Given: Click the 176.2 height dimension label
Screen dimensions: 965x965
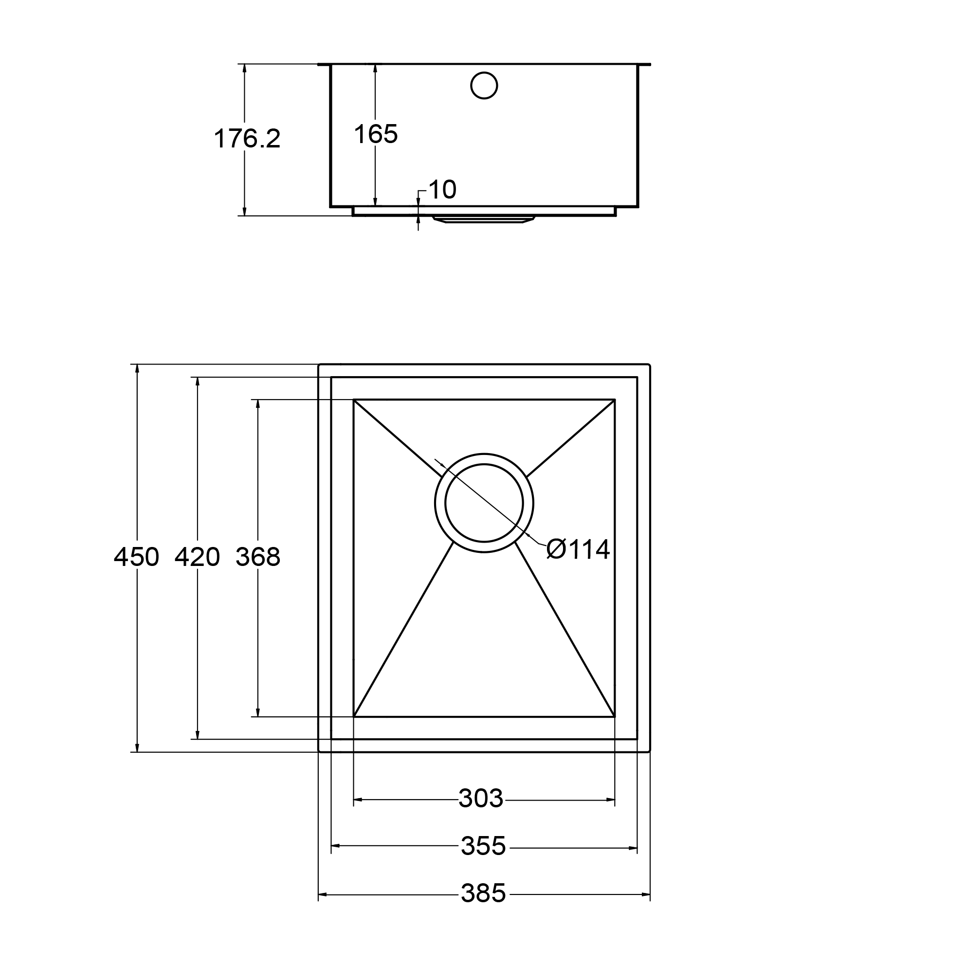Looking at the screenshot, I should [x=247, y=138].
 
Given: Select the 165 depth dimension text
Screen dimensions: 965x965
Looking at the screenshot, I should [x=375, y=134].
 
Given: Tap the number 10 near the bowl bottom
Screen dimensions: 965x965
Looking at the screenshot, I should [x=442, y=189].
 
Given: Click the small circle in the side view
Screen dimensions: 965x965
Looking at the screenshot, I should [x=484, y=86].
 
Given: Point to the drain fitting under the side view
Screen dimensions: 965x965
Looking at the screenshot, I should [x=484, y=219].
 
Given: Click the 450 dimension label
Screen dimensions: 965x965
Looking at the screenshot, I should [x=136, y=556].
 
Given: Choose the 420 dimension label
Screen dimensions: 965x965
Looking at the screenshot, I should [x=197, y=556].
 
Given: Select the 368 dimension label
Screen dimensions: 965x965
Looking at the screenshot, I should [x=258, y=556].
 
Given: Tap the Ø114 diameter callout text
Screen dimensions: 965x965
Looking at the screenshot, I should [x=578, y=549].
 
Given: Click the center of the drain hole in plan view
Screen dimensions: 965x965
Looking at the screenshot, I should [x=484, y=503].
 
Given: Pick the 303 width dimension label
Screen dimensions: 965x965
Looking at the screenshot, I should [x=480, y=798].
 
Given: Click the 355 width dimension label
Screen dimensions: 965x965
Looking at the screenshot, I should [x=483, y=846].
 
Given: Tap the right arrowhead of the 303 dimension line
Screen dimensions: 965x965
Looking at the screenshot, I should [x=610, y=800].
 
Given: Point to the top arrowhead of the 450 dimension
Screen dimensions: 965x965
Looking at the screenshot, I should [x=136, y=369].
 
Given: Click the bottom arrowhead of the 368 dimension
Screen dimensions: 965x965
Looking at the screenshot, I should [x=258, y=712].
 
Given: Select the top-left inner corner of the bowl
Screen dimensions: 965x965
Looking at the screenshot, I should [x=354, y=400].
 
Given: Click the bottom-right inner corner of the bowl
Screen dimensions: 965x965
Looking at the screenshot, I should [x=614, y=717].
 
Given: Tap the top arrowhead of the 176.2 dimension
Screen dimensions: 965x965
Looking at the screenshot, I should [x=244, y=69].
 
